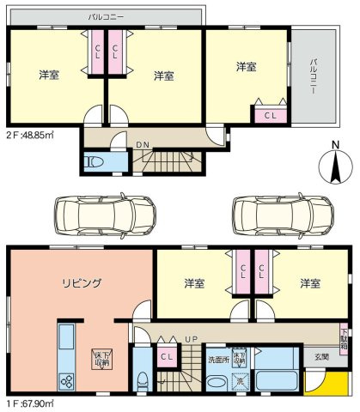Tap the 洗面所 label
[x=217, y=358]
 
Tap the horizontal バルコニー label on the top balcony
[x=106, y=16]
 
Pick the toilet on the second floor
[x=94, y=161]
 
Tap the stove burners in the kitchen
[x=66, y=381]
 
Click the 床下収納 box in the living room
[x=101, y=359]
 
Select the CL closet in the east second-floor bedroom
[x=269, y=114]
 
